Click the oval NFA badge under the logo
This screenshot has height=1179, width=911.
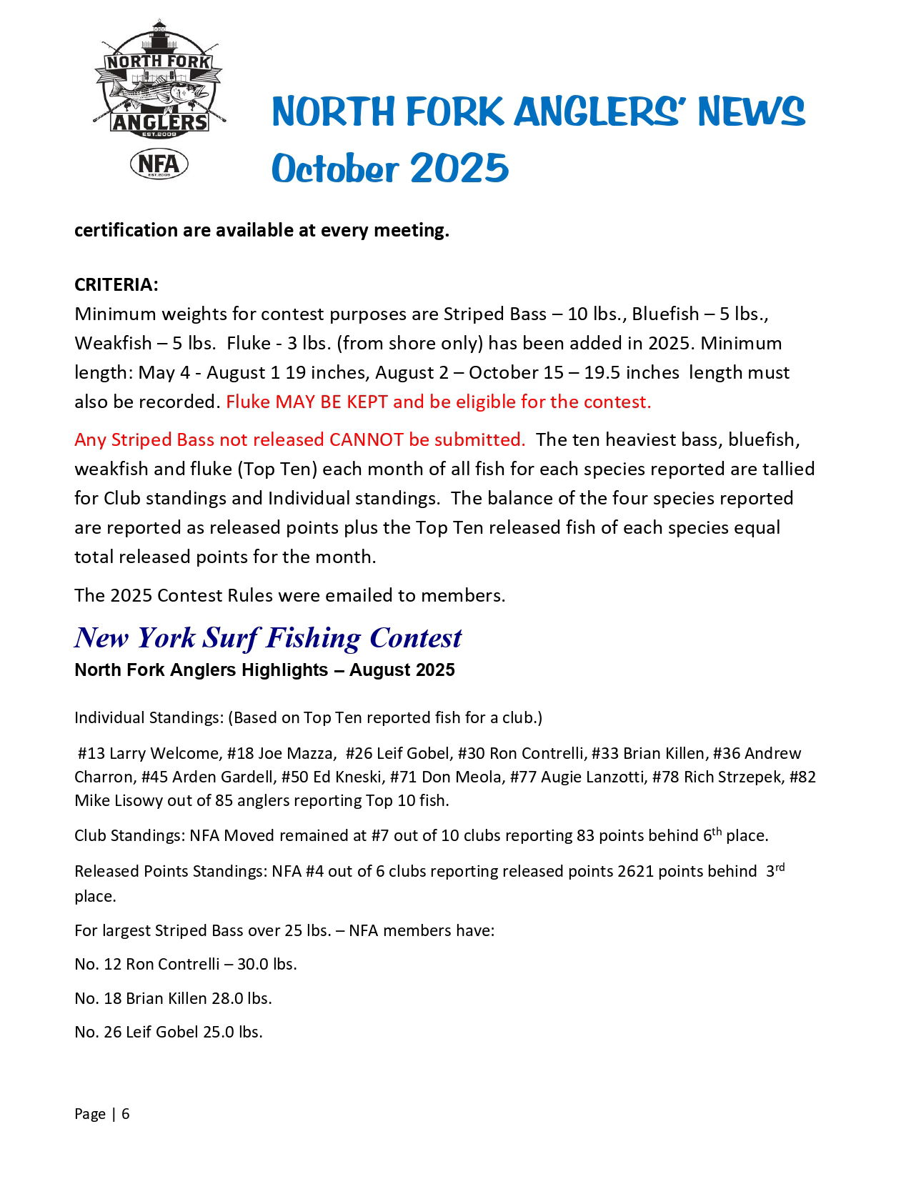tap(159, 164)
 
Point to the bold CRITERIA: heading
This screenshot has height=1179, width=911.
tap(116, 284)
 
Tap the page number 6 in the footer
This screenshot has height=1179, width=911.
tap(126, 1114)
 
